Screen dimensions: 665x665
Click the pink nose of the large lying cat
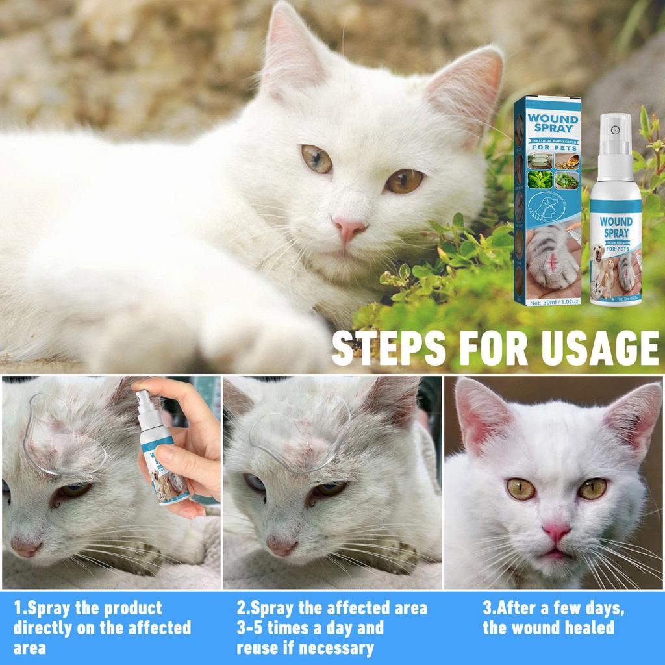click(349, 228)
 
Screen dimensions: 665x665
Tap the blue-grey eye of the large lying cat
click(316, 158)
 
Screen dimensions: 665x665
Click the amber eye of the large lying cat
click(403, 181)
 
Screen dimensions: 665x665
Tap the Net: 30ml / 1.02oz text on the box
click(551, 302)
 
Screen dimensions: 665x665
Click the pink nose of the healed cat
click(557, 532)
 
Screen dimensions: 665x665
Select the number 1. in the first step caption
click(21, 609)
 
